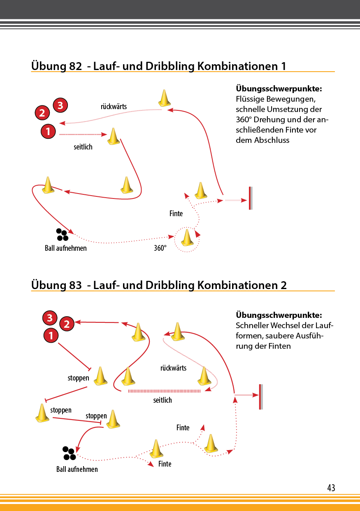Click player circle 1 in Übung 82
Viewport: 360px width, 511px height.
coord(48,131)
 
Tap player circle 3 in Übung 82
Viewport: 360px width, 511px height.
coord(60,105)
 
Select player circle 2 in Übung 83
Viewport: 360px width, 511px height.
coord(67,324)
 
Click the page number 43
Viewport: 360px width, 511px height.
coord(331,488)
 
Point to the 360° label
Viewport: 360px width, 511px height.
coord(160,248)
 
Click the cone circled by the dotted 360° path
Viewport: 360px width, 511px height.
coord(187,238)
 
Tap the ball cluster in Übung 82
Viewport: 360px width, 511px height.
coord(62,235)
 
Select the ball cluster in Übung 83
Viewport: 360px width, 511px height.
coord(69,453)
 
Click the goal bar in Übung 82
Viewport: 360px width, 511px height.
coord(251,198)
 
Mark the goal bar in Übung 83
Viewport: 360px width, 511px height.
coord(261,397)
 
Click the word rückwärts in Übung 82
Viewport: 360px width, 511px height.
coord(114,107)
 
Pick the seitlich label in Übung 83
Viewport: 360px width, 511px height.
coord(163,400)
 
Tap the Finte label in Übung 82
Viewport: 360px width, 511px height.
coord(176,214)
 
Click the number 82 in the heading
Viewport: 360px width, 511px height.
coord(75,66)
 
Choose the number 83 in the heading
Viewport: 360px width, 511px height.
coord(75,285)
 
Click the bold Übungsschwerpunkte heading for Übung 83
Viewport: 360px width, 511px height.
coord(279,315)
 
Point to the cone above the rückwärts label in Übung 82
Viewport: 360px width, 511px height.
coord(165,98)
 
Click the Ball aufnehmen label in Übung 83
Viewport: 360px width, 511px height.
coord(77,469)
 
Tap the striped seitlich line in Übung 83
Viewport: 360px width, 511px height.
coord(165,391)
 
